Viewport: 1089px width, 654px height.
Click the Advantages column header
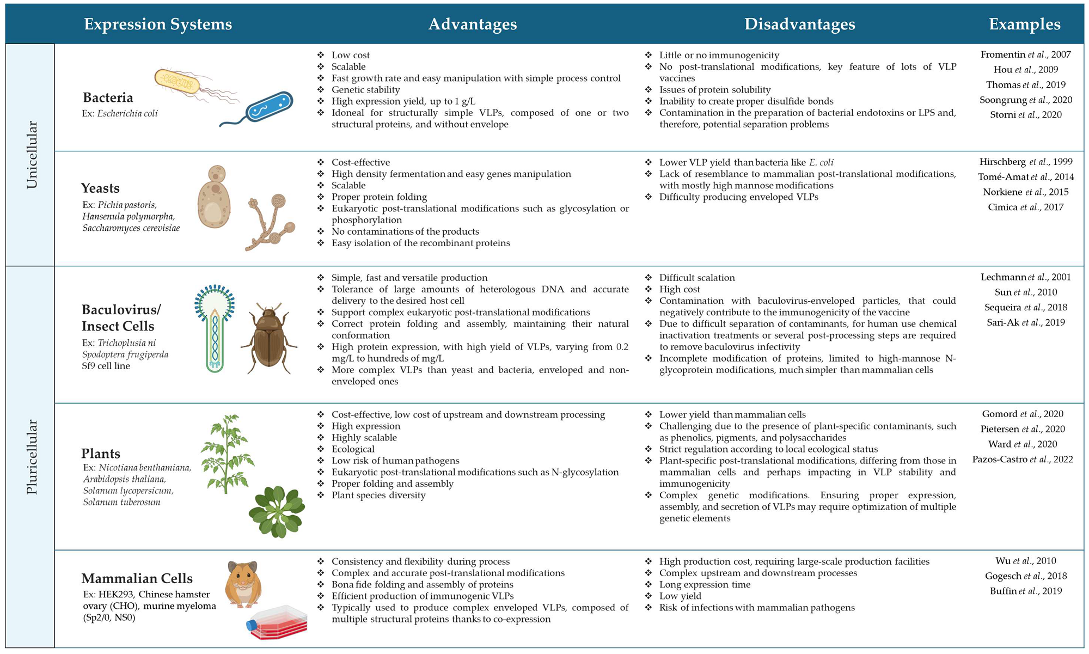(x=472, y=25)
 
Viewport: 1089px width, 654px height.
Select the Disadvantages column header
(x=799, y=25)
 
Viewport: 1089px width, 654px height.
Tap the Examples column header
(x=1024, y=25)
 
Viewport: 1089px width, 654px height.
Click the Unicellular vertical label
(x=32, y=155)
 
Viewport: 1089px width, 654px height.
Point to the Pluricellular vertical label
(x=32, y=456)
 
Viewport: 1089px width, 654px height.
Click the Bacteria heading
(x=108, y=97)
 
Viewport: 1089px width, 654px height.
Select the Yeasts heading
(x=100, y=188)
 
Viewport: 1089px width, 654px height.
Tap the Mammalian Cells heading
(x=137, y=578)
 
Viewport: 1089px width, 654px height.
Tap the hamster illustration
(x=243, y=584)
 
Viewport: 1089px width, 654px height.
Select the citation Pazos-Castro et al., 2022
(x=1022, y=460)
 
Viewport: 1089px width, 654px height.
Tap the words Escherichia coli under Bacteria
(x=127, y=114)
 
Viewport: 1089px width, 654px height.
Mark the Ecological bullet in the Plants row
(x=353, y=449)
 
